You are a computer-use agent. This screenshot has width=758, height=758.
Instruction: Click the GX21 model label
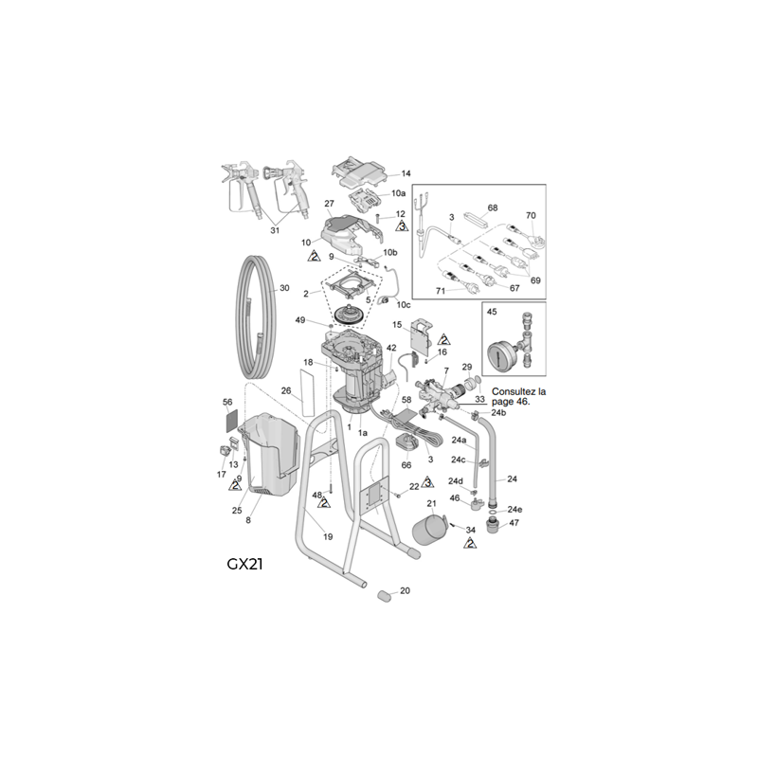pos(244,562)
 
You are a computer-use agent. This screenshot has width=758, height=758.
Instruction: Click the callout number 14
pos(406,173)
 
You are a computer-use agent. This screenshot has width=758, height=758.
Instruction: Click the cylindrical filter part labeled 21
pos(428,528)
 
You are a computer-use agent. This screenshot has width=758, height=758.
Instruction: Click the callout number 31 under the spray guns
pos(276,229)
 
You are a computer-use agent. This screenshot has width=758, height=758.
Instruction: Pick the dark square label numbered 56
pos(227,416)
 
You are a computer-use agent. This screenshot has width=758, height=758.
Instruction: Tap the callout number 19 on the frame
pos(328,536)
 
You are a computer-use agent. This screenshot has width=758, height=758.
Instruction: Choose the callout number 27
pos(330,204)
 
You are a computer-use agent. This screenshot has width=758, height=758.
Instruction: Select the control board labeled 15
pos(418,339)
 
